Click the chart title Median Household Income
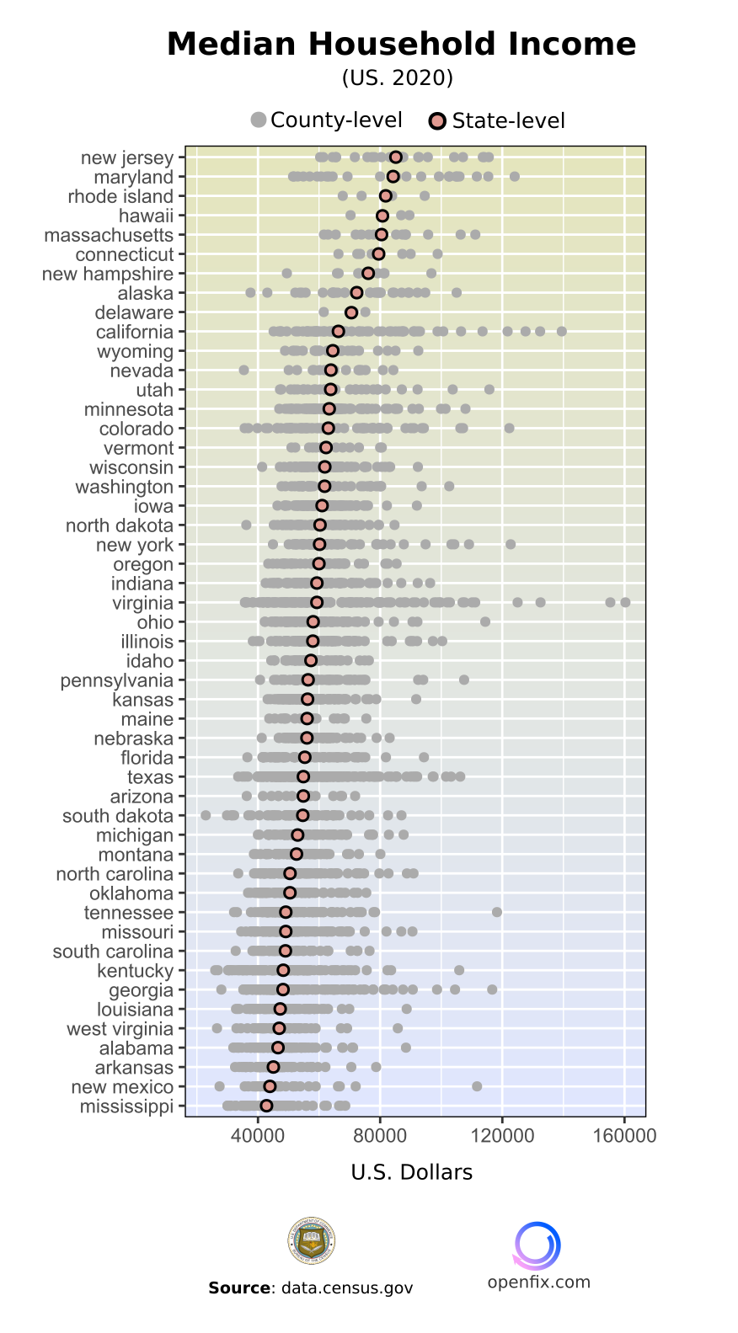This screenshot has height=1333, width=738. (x=401, y=44)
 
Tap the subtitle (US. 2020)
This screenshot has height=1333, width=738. (x=398, y=78)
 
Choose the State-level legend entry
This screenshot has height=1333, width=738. (x=496, y=121)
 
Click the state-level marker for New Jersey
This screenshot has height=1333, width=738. (x=396, y=157)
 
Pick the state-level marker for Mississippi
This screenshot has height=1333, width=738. (x=266, y=1106)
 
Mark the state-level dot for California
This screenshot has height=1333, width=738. (x=339, y=332)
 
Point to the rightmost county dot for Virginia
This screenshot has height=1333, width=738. (x=625, y=602)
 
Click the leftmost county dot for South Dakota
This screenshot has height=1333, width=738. (x=206, y=815)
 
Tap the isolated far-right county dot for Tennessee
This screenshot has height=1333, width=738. (x=497, y=912)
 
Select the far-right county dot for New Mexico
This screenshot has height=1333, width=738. (x=477, y=1086)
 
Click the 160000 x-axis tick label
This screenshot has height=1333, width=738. (x=624, y=1135)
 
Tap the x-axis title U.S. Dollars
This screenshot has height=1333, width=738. (x=412, y=1172)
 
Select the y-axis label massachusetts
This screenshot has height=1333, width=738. (x=109, y=235)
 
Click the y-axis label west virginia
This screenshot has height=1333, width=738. (x=120, y=1029)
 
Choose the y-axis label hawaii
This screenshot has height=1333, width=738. (x=146, y=216)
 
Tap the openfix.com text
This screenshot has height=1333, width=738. (x=539, y=1282)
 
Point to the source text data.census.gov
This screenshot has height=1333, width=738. (x=347, y=1288)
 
